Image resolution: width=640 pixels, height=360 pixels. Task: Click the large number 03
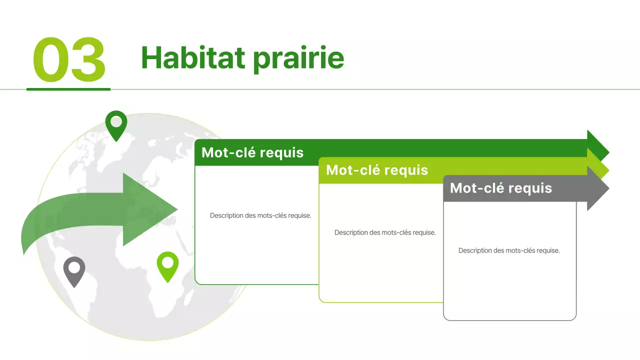[x=69, y=60]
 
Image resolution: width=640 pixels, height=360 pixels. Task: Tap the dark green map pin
[x=116, y=123]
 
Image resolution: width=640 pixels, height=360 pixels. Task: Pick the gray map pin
[x=74, y=270]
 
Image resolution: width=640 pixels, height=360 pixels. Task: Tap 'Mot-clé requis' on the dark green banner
[x=252, y=152]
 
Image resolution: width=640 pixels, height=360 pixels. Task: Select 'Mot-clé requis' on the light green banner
[x=377, y=170]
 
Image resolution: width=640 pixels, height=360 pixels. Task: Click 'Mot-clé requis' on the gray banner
[x=501, y=188]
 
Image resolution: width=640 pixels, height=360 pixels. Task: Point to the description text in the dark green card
[x=260, y=215]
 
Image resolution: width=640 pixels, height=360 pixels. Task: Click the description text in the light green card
[x=385, y=232]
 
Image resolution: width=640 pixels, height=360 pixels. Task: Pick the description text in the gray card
[x=509, y=250]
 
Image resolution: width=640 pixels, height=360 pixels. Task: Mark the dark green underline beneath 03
[x=68, y=89]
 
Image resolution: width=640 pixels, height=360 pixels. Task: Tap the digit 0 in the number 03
[x=50, y=60]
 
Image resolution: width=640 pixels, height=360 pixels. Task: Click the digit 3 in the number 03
[x=87, y=60]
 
